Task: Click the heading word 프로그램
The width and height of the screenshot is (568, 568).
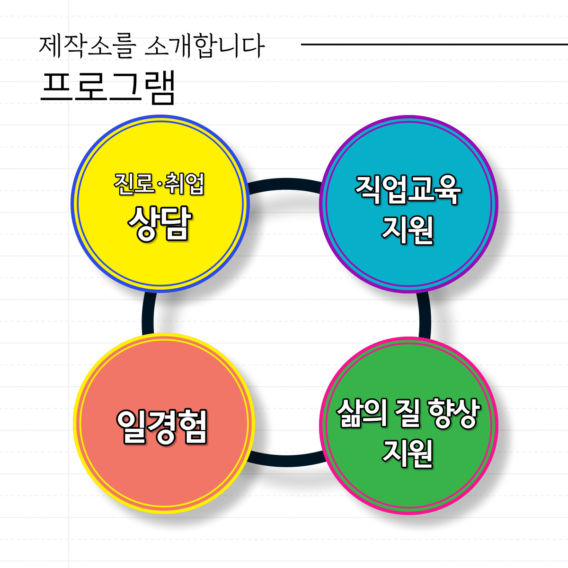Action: pos(108,88)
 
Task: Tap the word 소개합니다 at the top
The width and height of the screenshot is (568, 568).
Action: pos(205,46)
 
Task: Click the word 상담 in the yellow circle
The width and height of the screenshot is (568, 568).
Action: pos(160,224)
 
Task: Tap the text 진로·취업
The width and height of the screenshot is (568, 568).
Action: pos(159,185)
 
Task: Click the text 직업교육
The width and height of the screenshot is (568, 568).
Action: pos(408,190)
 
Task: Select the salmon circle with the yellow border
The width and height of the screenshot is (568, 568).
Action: pos(163,478)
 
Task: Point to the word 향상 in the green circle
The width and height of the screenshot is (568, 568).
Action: pos(453,414)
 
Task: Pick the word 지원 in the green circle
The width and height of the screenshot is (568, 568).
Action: pos(408,453)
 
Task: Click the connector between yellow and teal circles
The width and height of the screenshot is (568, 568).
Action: pos(284,185)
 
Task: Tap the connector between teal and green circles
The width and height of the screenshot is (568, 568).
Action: pos(425,315)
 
